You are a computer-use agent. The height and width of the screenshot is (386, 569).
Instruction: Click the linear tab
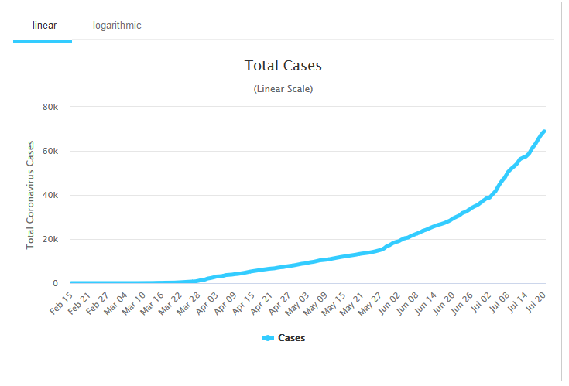44,26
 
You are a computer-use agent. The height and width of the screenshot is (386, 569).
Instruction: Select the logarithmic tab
117,26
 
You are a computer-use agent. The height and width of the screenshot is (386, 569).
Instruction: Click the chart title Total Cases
283,66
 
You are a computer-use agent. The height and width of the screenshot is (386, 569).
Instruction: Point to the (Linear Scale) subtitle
283,89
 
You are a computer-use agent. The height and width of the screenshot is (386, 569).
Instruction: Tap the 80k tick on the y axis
50,107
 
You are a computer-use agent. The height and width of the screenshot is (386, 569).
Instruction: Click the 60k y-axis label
50,151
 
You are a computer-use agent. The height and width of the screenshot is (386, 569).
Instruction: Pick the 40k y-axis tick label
50,195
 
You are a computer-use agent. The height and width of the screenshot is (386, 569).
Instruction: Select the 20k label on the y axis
50,239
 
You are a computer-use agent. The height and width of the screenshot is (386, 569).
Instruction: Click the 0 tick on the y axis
55,283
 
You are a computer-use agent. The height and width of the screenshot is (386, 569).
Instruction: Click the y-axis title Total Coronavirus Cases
31,193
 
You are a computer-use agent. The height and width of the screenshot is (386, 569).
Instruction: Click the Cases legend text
291,338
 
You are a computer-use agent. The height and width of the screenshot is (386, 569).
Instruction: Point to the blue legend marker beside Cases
268,338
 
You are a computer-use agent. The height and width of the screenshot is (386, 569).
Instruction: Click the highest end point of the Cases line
544,131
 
